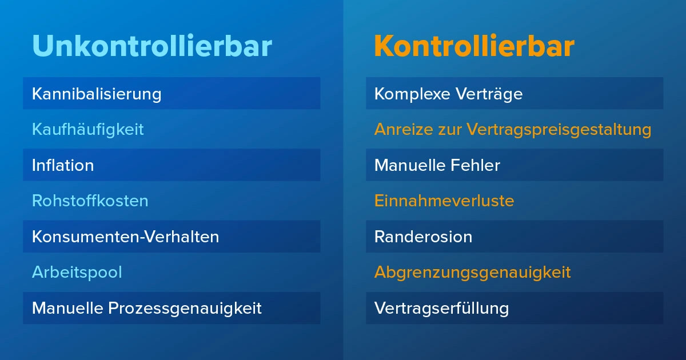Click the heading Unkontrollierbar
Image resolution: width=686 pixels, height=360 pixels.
[x=151, y=46]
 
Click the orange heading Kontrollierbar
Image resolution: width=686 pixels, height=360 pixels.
[x=474, y=46]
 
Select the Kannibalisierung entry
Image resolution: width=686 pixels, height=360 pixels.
[x=97, y=93]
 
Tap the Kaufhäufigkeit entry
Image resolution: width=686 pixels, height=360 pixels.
[x=87, y=129]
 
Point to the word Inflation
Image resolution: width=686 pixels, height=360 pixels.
[x=63, y=165]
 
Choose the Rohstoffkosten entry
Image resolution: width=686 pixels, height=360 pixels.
[x=90, y=201]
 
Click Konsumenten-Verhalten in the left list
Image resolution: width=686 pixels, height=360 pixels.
[x=125, y=237]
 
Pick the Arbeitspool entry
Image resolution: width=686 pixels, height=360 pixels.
[x=77, y=272]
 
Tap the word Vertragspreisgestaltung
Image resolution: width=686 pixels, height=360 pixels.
[x=559, y=129]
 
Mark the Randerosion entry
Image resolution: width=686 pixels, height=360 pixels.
[x=423, y=237]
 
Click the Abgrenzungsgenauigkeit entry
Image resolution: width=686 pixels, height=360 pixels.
[x=472, y=272]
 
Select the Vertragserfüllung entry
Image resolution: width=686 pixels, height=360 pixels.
[x=441, y=308]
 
